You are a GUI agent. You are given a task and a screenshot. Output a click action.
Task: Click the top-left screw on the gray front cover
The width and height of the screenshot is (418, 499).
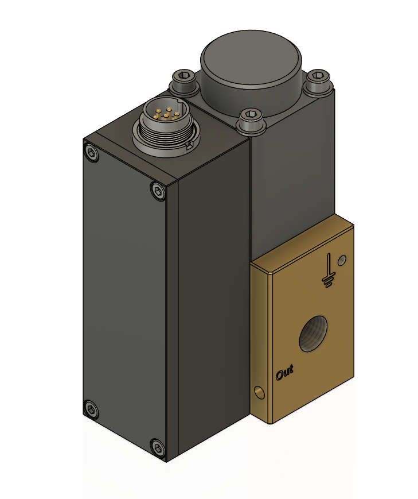coord(91,152)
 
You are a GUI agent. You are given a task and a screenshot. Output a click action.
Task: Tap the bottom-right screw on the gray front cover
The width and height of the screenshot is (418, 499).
coord(157,446)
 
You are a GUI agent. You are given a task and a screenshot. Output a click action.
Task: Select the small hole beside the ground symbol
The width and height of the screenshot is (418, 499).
coord(342,260)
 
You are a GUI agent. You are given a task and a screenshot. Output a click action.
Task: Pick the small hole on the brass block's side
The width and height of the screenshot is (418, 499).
coord(259,392)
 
